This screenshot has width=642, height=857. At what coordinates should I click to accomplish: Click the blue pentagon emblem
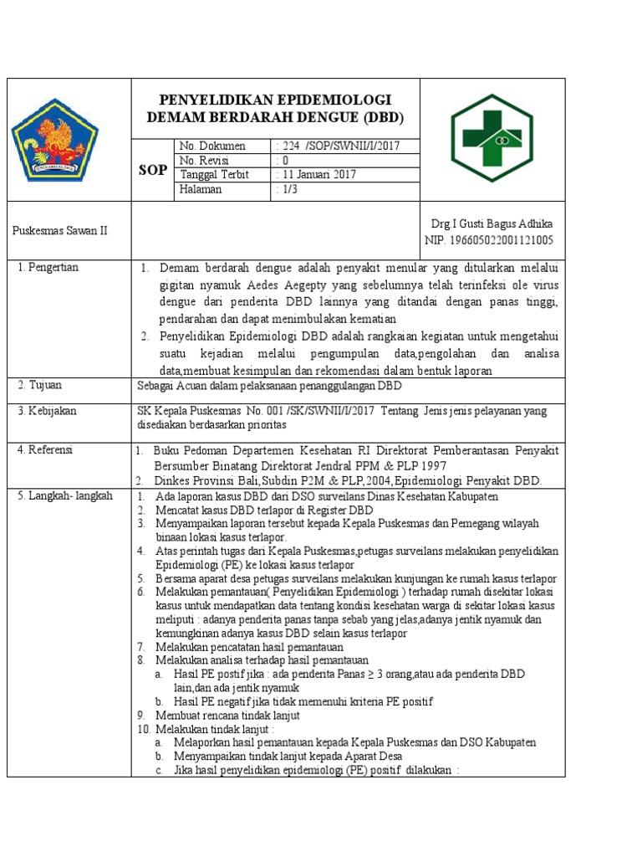click(54, 140)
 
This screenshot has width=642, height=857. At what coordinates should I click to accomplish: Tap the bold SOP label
click(151, 170)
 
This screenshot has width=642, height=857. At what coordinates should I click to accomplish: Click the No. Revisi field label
click(204, 160)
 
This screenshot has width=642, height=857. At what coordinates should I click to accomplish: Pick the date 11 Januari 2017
click(318, 175)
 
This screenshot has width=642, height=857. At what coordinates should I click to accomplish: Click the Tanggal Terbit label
click(214, 175)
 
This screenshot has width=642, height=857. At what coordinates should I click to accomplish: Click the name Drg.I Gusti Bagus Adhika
click(491, 224)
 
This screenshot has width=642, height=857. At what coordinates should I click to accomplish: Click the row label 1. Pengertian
click(48, 267)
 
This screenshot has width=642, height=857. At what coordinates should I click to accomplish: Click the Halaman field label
click(201, 189)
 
